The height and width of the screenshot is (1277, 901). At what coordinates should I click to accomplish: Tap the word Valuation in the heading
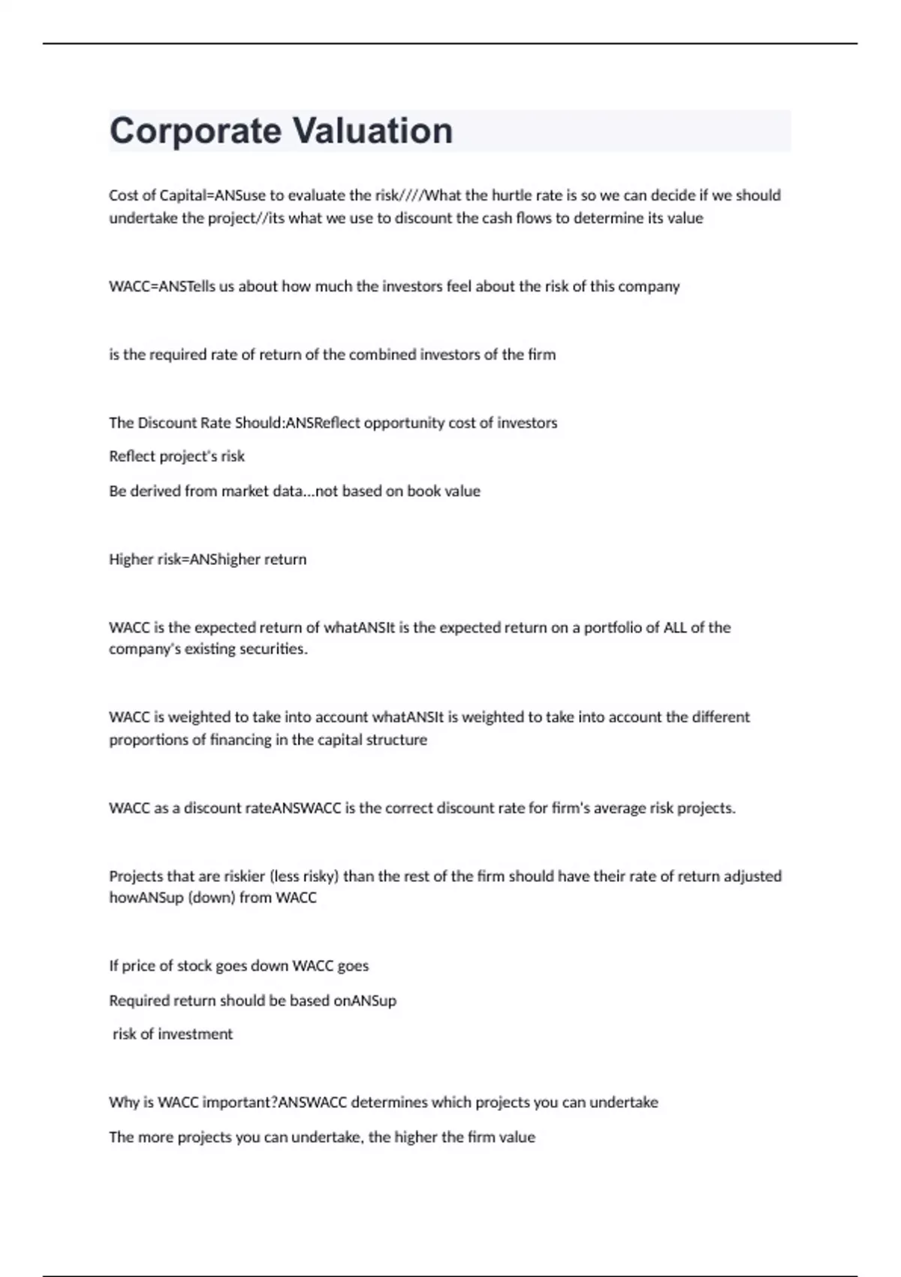[372, 131]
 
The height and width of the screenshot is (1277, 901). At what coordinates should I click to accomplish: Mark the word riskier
[244, 877]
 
